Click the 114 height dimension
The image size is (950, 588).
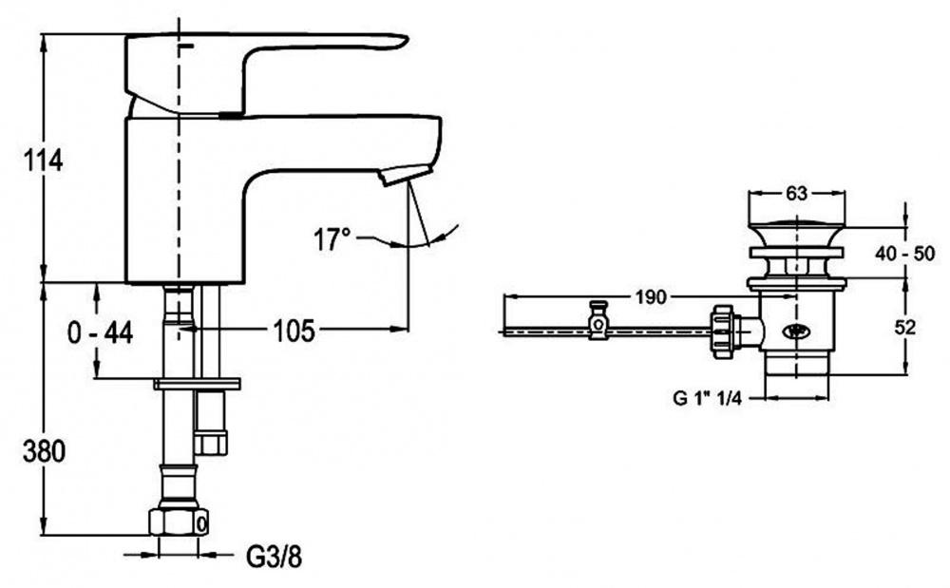click(43, 161)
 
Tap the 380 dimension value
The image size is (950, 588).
click(43, 452)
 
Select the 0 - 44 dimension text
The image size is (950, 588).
click(101, 332)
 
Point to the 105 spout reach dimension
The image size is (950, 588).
click(294, 330)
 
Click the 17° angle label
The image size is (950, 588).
click(332, 239)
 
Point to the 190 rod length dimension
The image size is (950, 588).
click(650, 297)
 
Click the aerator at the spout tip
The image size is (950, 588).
click(399, 174)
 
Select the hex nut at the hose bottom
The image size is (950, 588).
click(179, 522)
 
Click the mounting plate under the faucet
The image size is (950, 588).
click(196, 384)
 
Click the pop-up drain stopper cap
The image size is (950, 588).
click(796, 229)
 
